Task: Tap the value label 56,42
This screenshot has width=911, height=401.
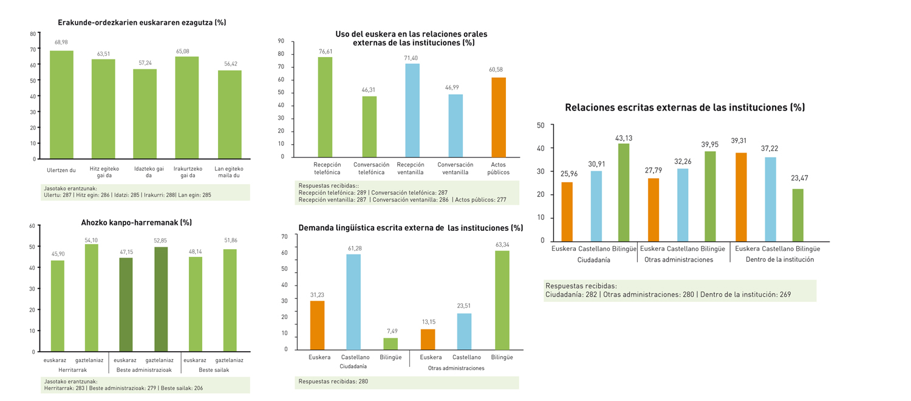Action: [230, 63]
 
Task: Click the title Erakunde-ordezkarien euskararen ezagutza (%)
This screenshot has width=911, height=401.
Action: [142, 22]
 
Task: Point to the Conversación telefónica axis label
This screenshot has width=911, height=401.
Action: [371, 168]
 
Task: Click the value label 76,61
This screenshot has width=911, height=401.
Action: [326, 51]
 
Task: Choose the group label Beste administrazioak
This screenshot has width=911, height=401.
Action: [140, 369]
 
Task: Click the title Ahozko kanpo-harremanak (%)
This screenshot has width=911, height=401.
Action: [137, 222]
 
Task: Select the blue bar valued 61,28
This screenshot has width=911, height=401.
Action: [353, 301]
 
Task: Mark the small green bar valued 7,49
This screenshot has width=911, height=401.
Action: [391, 343]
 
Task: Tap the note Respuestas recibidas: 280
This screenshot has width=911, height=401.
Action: [333, 382]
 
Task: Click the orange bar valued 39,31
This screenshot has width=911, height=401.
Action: [741, 197]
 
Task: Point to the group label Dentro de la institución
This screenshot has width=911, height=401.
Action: [780, 259]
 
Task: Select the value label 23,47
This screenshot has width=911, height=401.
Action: [799, 178]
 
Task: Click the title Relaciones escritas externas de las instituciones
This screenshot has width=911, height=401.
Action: [684, 108]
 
